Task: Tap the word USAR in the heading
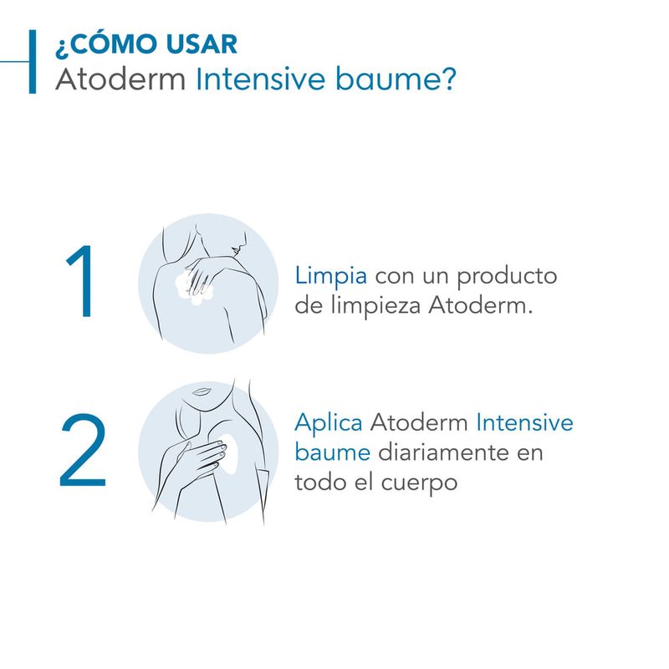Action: (202, 43)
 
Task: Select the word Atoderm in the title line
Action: (120, 79)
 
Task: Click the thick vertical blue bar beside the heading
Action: (33, 61)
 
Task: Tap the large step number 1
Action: (81, 281)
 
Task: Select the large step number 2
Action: (83, 450)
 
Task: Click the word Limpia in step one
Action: (330, 277)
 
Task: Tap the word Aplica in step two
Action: (329, 424)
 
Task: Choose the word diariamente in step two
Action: (444, 452)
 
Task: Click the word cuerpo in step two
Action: (419, 484)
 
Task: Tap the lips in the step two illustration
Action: (201, 391)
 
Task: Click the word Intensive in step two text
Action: (524, 423)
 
